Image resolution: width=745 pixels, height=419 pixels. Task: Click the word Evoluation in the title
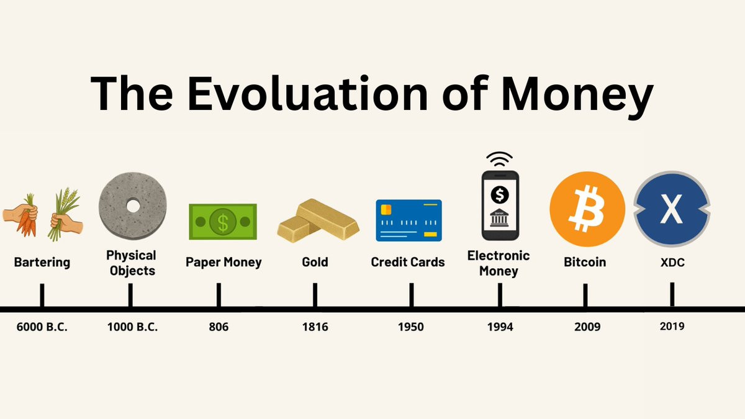click(x=307, y=93)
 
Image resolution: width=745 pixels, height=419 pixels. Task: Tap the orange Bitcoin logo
click(x=587, y=209)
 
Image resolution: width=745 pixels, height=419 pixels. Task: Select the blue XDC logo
click(x=672, y=209)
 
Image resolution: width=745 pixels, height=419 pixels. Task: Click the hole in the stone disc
click(x=133, y=206)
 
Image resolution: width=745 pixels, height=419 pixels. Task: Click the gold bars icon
click(x=318, y=220)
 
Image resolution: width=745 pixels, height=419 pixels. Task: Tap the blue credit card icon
click(x=409, y=220)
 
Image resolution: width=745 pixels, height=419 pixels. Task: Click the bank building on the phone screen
click(x=499, y=218)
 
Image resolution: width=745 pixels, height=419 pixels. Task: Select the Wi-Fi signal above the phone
click(x=499, y=159)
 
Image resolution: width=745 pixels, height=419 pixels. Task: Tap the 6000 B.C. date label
click(x=42, y=327)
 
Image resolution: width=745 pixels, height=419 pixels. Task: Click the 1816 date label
click(x=315, y=327)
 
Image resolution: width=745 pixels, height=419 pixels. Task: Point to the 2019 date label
click(x=672, y=327)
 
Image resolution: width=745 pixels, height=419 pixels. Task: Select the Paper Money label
click(x=223, y=262)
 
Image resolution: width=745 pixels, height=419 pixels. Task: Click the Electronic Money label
click(x=499, y=263)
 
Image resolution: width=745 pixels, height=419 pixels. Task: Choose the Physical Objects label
click(x=132, y=263)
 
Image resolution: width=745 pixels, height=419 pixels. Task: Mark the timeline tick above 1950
click(x=412, y=295)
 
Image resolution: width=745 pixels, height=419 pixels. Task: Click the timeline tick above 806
click(x=219, y=295)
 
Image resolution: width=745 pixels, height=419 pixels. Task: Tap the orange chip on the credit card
click(x=386, y=210)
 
